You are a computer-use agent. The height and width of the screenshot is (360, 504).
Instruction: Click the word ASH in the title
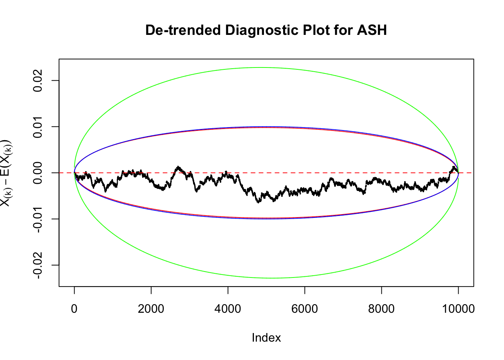click(372, 30)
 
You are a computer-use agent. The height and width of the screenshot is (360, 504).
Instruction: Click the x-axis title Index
click(266, 337)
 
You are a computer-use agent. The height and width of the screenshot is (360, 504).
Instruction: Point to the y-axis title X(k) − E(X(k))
click(6, 173)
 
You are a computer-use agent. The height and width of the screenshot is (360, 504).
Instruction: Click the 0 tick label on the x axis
click(74, 309)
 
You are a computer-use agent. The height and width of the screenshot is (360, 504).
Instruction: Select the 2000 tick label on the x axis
click(151, 309)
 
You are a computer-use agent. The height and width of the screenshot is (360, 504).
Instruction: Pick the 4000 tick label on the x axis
click(228, 309)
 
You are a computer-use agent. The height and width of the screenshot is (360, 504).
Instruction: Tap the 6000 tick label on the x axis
click(304, 309)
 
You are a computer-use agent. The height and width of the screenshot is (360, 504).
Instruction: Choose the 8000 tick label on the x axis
click(381, 309)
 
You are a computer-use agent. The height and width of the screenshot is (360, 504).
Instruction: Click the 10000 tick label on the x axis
click(458, 309)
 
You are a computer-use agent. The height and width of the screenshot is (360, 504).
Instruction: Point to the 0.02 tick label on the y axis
click(37, 81)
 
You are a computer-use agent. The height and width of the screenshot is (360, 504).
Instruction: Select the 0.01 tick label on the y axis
click(37, 127)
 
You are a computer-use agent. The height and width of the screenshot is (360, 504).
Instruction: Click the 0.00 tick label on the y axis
click(37, 173)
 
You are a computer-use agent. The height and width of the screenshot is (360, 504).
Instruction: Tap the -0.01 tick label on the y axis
click(37, 219)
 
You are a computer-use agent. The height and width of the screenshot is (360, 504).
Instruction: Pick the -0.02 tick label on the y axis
click(37, 265)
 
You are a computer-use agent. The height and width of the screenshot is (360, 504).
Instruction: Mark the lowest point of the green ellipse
click(272, 278)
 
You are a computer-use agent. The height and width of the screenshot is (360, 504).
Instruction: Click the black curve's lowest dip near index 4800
click(258, 202)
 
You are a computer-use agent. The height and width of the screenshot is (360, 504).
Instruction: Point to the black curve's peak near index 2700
click(178, 167)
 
